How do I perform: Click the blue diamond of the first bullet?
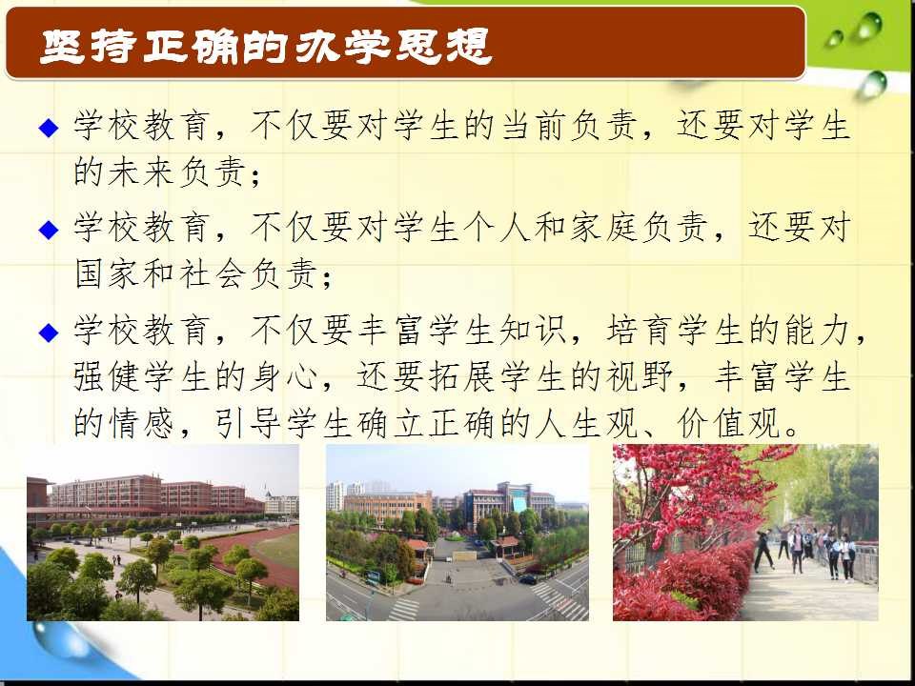[x=49, y=128]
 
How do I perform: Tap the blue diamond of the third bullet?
[x=49, y=333]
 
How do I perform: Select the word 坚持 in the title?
[x=88, y=46]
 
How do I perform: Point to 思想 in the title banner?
[x=443, y=46]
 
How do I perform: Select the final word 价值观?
[x=729, y=423]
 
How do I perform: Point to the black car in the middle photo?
[x=527, y=579]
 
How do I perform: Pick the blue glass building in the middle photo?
[x=519, y=503]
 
